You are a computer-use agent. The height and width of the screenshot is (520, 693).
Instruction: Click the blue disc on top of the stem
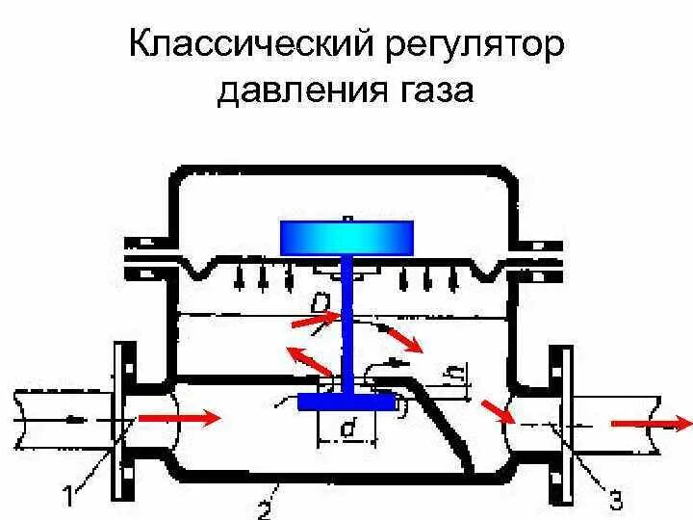[x=346, y=234]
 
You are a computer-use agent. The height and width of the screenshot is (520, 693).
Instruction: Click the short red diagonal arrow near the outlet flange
[x=499, y=411]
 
